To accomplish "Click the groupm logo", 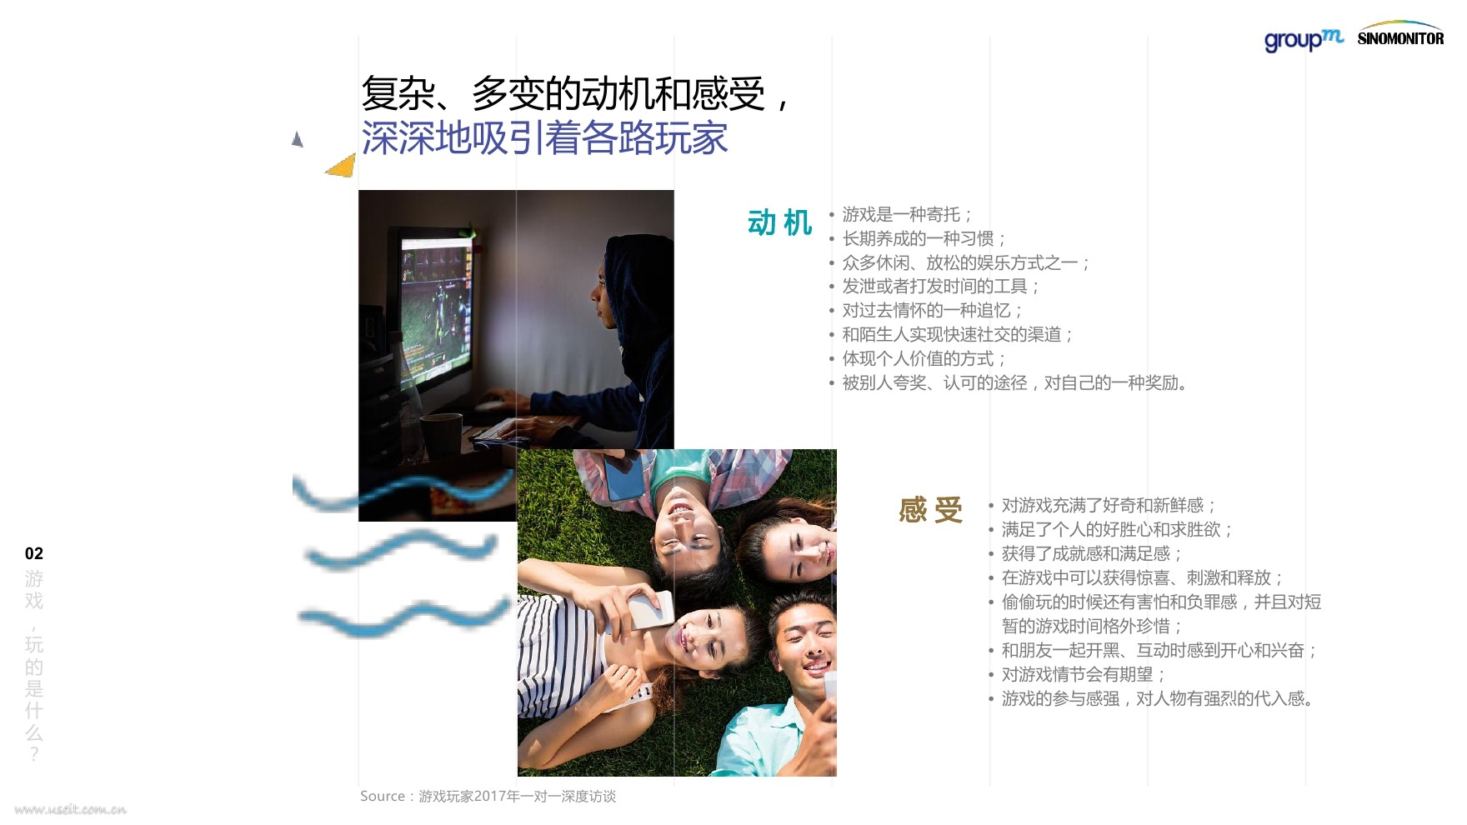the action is pos(1304,39).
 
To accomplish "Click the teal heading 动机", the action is pos(779,223).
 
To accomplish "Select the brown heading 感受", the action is pos(930,510).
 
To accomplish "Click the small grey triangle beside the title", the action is pos(297,139).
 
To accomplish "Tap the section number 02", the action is pos(34,553).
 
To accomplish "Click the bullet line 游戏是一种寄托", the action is pos(907,215).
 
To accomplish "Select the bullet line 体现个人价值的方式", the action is pos(924,359).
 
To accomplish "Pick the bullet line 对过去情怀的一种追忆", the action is pos(932,311).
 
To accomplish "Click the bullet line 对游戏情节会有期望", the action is pos(1084,675).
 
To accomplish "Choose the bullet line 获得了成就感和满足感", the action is pos(1092,554).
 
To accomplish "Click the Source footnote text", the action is pos(488,797).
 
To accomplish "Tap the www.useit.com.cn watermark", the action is pos(71,809).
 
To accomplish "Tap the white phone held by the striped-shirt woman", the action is pos(651,610).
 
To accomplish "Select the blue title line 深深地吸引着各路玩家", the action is pos(545,138).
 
